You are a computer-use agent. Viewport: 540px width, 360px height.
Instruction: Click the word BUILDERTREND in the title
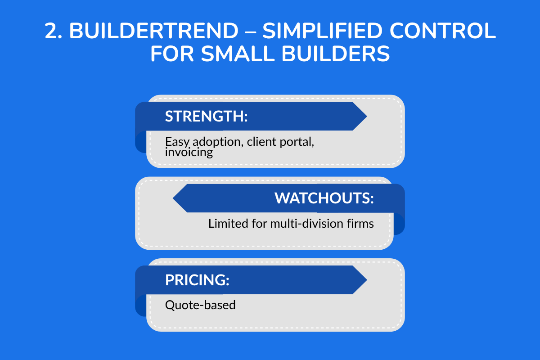click(x=153, y=31)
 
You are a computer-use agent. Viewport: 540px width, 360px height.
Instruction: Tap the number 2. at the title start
click(x=54, y=31)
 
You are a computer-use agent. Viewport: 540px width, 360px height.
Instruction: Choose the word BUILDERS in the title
click(x=342, y=54)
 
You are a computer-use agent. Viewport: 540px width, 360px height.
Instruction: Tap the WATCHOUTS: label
click(x=324, y=198)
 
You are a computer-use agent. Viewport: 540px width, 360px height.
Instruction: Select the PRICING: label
click(x=197, y=280)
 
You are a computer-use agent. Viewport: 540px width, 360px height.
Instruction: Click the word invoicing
click(x=189, y=153)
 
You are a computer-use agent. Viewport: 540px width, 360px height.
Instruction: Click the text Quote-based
click(x=200, y=305)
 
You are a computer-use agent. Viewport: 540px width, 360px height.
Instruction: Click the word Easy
click(x=174, y=142)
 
